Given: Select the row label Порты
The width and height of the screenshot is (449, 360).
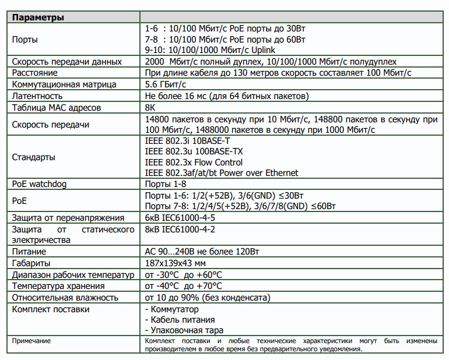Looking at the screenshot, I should pyautogui.click(x=26, y=40).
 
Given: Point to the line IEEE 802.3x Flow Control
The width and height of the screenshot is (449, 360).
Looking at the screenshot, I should pyautogui.click(x=193, y=162).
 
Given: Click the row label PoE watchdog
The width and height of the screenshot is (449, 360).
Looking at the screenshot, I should pyautogui.click(x=40, y=184).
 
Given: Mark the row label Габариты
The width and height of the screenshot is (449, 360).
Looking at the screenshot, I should pyautogui.click(x=33, y=263).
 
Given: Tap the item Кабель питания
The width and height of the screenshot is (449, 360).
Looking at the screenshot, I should pyautogui.click(x=179, y=319).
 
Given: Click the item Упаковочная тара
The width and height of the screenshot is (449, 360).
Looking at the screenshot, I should pyautogui.click(x=181, y=330).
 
